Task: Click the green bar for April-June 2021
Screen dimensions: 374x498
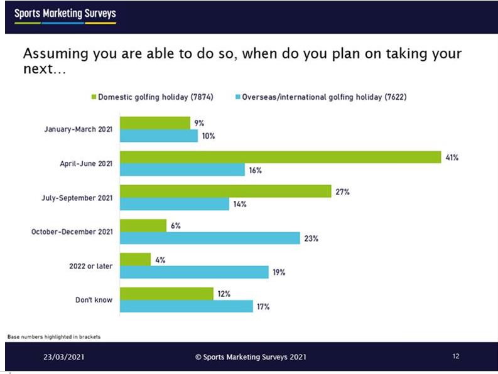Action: [x=280, y=157]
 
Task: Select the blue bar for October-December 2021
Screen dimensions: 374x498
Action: [x=210, y=238]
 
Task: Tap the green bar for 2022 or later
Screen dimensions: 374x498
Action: [x=135, y=259]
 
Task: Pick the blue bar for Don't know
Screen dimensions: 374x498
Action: [x=187, y=306]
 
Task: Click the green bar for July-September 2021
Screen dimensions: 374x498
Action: [x=225, y=191]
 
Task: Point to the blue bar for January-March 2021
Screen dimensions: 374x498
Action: [x=159, y=136]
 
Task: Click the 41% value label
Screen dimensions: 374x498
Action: [x=452, y=158]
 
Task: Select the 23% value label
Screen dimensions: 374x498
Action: [x=312, y=238]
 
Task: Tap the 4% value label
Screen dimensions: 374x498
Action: [x=160, y=260]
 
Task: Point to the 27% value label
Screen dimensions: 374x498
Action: [x=342, y=192]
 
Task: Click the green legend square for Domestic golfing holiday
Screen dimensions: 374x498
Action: [x=94, y=97]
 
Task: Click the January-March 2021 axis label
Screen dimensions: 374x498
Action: [x=78, y=129]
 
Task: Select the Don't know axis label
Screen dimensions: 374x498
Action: [x=95, y=300]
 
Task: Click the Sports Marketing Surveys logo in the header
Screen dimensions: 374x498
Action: [x=65, y=14]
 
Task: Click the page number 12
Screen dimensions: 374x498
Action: [x=455, y=356]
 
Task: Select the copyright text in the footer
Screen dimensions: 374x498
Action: [x=251, y=356]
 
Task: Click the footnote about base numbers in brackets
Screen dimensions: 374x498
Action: [x=54, y=337]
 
